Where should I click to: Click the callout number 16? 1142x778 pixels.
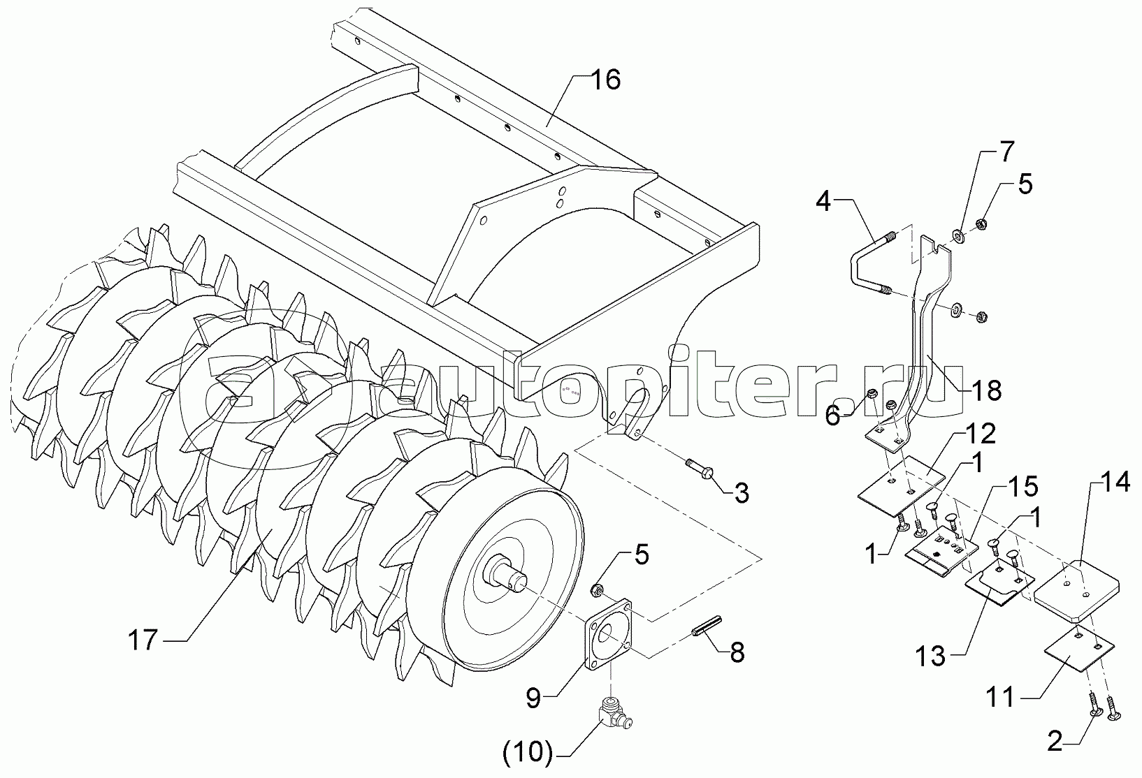(607, 81)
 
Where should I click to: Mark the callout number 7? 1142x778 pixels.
(1006, 150)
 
